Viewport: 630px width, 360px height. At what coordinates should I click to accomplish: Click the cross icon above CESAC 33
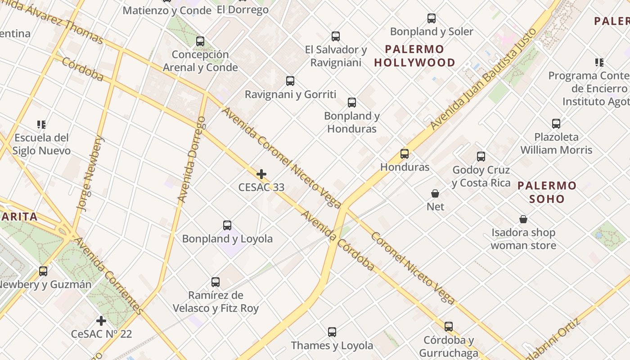pyautogui.click(x=261, y=174)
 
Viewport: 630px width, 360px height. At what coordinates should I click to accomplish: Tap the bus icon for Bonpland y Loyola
pyautogui.click(x=227, y=225)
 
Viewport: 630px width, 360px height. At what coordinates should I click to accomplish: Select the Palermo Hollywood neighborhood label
pyautogui.click(x=414, y=56)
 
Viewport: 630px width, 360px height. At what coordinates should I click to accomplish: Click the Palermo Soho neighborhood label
pyautogui.click(x=547, y=192)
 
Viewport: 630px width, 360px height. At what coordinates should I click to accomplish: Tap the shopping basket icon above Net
pyautogui.click(x=435, y=193)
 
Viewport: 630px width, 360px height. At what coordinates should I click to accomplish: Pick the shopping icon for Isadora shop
pyautogui.click(x=523, y=220)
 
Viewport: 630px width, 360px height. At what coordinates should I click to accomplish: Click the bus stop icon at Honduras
pyautogui.click(x=405, y=154)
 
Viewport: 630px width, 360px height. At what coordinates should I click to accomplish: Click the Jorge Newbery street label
pyautogui.click(x=90, y=173)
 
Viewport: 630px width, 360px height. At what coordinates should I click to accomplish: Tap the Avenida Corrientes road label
pyautogui.click(x=108, y=275)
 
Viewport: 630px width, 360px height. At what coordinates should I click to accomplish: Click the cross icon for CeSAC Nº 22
pyautogui.click(x=101, y=321)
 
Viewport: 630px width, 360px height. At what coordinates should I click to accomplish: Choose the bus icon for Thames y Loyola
pyautogui.click(x=332, y=332)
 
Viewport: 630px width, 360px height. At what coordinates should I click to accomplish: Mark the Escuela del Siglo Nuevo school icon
pyautogui.click(x=41, y=124)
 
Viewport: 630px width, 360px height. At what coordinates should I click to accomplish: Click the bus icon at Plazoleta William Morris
pyautogui.click(x=556, y=124)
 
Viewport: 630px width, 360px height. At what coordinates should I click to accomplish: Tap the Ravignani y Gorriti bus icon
pyautogui.click(x=290, y=81)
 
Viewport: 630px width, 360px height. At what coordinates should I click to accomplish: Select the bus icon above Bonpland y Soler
pyautogui.click(x=432, y=18)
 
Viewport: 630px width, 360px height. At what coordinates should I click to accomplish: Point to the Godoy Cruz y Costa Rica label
pyautogui.click(x=481, y=176)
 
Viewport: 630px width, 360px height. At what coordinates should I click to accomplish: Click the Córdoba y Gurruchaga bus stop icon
pyautogui.click(x=449, y=327)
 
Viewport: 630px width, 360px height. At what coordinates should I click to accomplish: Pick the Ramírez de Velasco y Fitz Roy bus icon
pyautogui.click(x=216, y=282)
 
